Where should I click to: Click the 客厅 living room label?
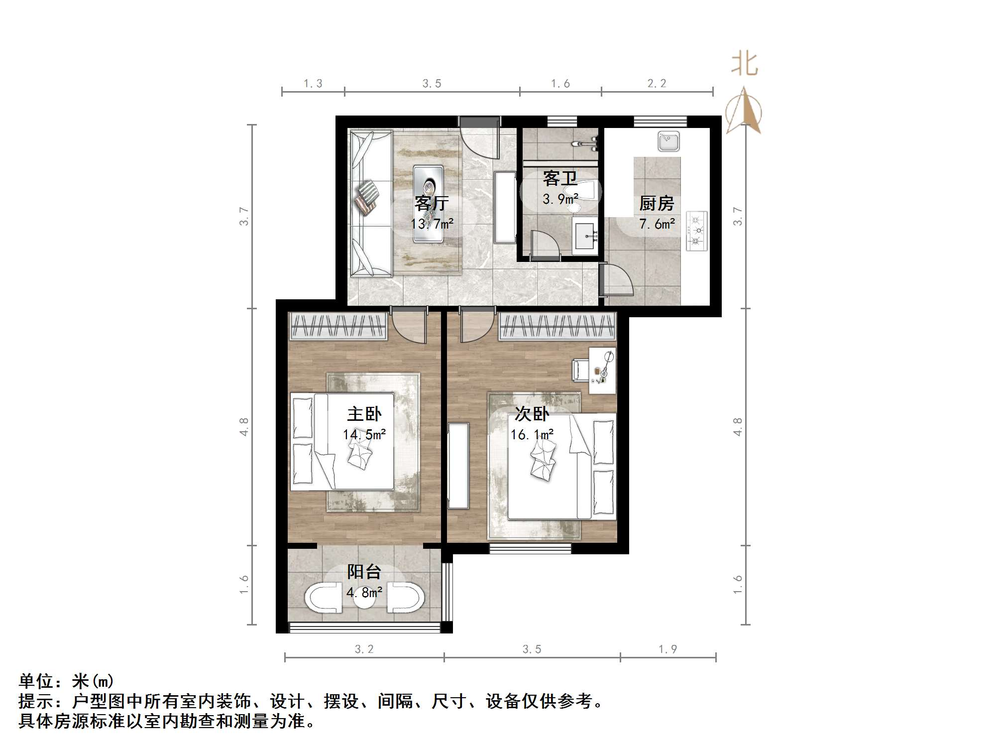point(431,203)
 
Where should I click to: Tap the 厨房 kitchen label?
point(657,203)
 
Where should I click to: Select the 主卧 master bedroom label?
point(364,414)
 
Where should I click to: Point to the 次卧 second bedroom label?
point(532,414)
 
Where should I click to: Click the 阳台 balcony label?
point(364,572)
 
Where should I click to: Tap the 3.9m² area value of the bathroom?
point(560,199)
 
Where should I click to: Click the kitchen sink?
point(668,141)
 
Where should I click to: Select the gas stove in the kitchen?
point(697,231)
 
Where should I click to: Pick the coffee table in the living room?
point(428,204)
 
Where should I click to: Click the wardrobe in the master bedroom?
point(338,326)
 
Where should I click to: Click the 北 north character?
point(744,65)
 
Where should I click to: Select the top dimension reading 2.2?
point(657,84)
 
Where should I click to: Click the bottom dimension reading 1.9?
point(667,649)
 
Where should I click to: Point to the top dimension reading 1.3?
point(313,84)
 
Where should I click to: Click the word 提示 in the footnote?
point(36,701)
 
